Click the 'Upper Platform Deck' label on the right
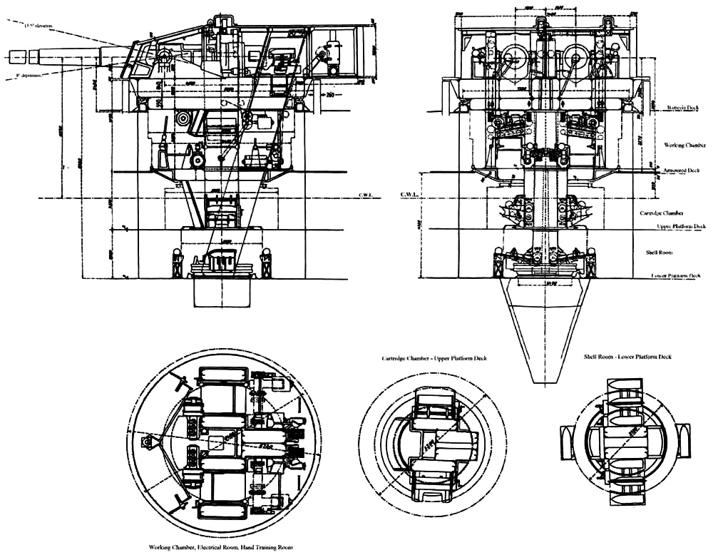pos(680,226)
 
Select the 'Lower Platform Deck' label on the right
pos(677,275)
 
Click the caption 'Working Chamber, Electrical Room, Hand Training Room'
pos(221,547)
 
